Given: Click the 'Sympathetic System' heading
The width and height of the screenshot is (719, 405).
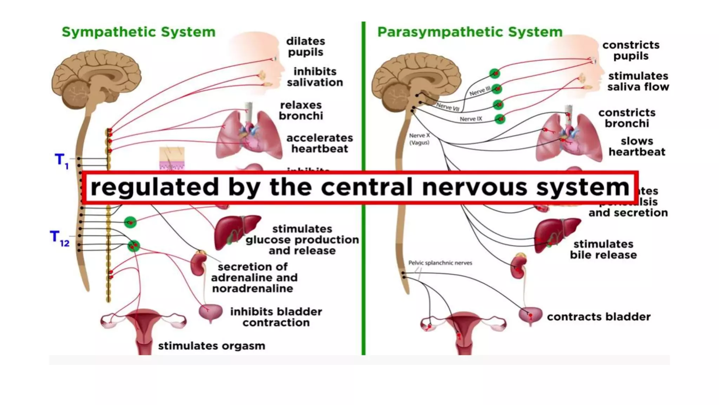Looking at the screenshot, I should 138,32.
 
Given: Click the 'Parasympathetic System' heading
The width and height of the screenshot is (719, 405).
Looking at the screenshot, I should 470,32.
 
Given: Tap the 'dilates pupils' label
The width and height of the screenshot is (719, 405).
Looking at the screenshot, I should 305,46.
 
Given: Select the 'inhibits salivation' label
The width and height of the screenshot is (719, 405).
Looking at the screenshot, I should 315,77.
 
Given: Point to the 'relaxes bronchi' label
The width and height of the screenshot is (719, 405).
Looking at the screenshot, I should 301,110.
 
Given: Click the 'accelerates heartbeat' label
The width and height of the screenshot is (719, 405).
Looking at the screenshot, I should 319,143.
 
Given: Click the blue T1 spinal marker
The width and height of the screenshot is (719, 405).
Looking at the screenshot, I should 61,161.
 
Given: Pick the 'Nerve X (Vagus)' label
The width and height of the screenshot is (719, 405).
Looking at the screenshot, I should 419,139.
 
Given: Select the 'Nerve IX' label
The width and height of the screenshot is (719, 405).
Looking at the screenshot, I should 471,119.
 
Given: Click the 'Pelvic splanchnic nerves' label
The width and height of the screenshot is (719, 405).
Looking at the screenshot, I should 440,263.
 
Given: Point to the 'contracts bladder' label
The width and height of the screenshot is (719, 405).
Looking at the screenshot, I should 599,317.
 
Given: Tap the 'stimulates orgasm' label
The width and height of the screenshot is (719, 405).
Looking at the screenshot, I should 211,346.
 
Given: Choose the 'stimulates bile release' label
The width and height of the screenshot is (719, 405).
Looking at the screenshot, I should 603,249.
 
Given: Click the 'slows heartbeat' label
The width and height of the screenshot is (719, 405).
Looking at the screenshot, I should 637,146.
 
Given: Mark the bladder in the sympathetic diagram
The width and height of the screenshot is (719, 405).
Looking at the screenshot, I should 211,313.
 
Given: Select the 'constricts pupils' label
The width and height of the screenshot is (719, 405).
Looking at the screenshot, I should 631,50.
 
